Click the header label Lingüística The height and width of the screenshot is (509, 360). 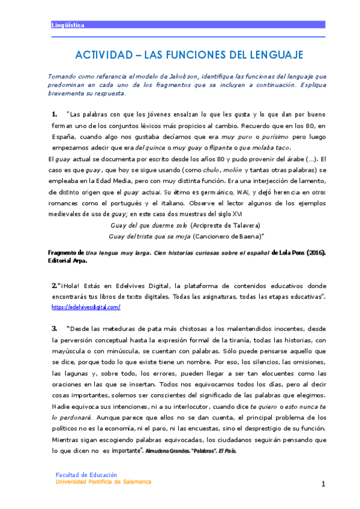click(67, 26)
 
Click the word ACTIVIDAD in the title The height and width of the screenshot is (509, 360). click(103, 55)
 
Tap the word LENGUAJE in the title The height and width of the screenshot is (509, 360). click(275, 55)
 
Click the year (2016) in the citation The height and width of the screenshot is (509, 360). click(312, 253)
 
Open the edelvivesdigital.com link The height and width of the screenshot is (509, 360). click(86, 307)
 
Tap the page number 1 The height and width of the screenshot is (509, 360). click(323, 484)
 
